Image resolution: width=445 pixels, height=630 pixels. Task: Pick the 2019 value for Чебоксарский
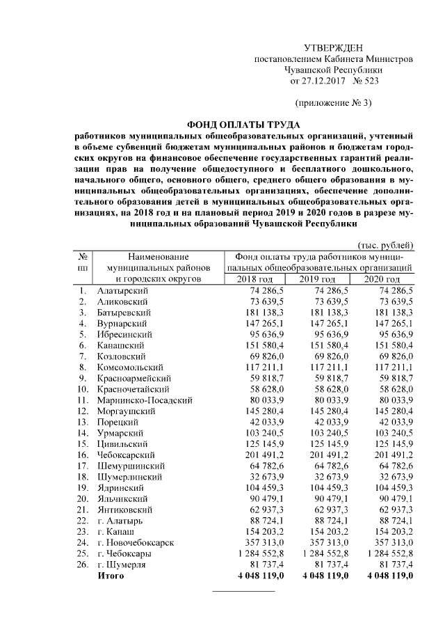pyautogui.click(x=325, y=455)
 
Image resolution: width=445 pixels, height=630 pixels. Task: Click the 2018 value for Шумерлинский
pyautogui.click(x=261, y=477)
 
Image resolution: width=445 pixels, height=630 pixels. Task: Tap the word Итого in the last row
pyautogui.click(x=111, y=576)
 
